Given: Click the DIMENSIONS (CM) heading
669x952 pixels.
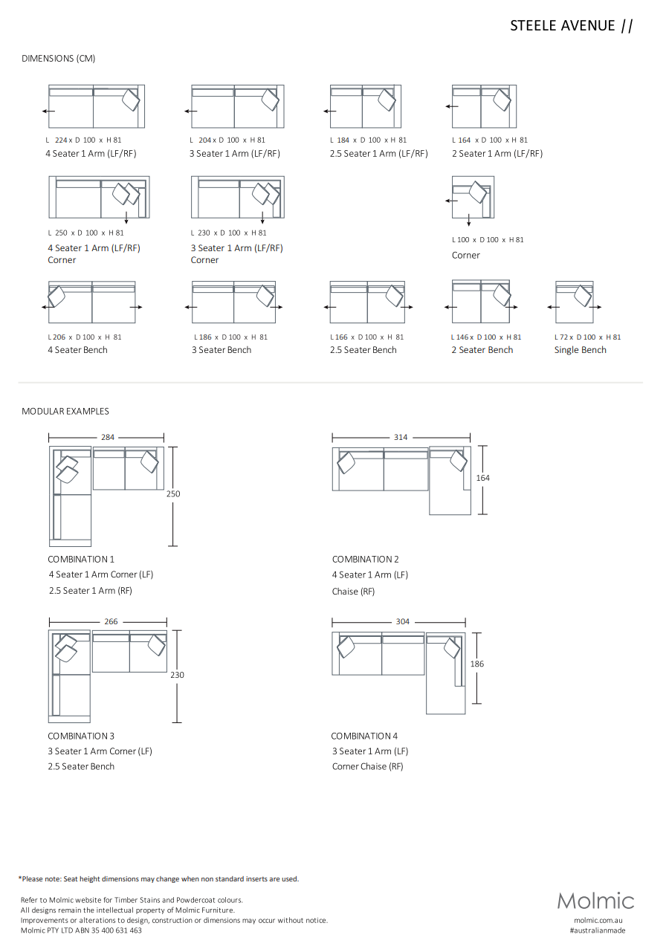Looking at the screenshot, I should coord(59,59).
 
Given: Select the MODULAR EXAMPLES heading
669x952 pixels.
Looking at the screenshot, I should coord(65,411).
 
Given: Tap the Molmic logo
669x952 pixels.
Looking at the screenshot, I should coord(595,901).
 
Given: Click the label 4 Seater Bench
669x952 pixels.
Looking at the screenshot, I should coord(77,350).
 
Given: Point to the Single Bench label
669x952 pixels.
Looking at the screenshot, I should coord(580,350).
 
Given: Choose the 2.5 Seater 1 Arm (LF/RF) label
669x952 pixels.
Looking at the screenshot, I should coord(379,154).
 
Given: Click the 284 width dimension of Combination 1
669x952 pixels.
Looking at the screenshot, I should coord(108,437).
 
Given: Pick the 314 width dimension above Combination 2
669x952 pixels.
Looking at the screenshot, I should coord(401,437).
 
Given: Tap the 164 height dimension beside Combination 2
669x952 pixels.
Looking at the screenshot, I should coord(483,478).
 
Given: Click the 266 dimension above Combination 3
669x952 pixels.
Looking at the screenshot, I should coord(111,621).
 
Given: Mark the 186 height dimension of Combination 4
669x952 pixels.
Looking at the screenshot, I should coord(477,664).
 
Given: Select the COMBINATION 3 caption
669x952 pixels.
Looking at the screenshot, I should coord(81,736).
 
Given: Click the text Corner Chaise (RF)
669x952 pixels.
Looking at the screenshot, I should coord(367,766).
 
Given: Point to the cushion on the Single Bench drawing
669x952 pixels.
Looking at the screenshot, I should coord(582,297).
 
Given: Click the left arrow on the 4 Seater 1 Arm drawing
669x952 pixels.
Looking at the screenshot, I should coord(48,111).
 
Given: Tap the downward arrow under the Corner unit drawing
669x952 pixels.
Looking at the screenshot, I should coord(468,221).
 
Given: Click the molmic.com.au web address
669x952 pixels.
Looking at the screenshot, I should coord(598,920).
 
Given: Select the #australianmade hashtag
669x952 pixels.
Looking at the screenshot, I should coord(598,930).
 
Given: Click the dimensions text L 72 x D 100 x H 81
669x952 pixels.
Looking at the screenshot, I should coord(587,337).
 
